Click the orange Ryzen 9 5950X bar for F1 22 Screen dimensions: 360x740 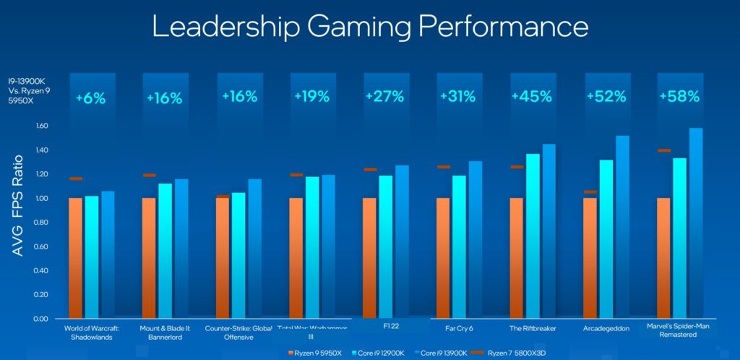click(369, 257)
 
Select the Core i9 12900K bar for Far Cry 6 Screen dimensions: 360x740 click(460, 246)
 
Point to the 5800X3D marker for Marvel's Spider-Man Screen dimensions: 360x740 click(663, 151)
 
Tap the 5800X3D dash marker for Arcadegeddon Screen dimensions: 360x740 click(590, 192)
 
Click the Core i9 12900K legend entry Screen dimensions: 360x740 click(379, 353)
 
